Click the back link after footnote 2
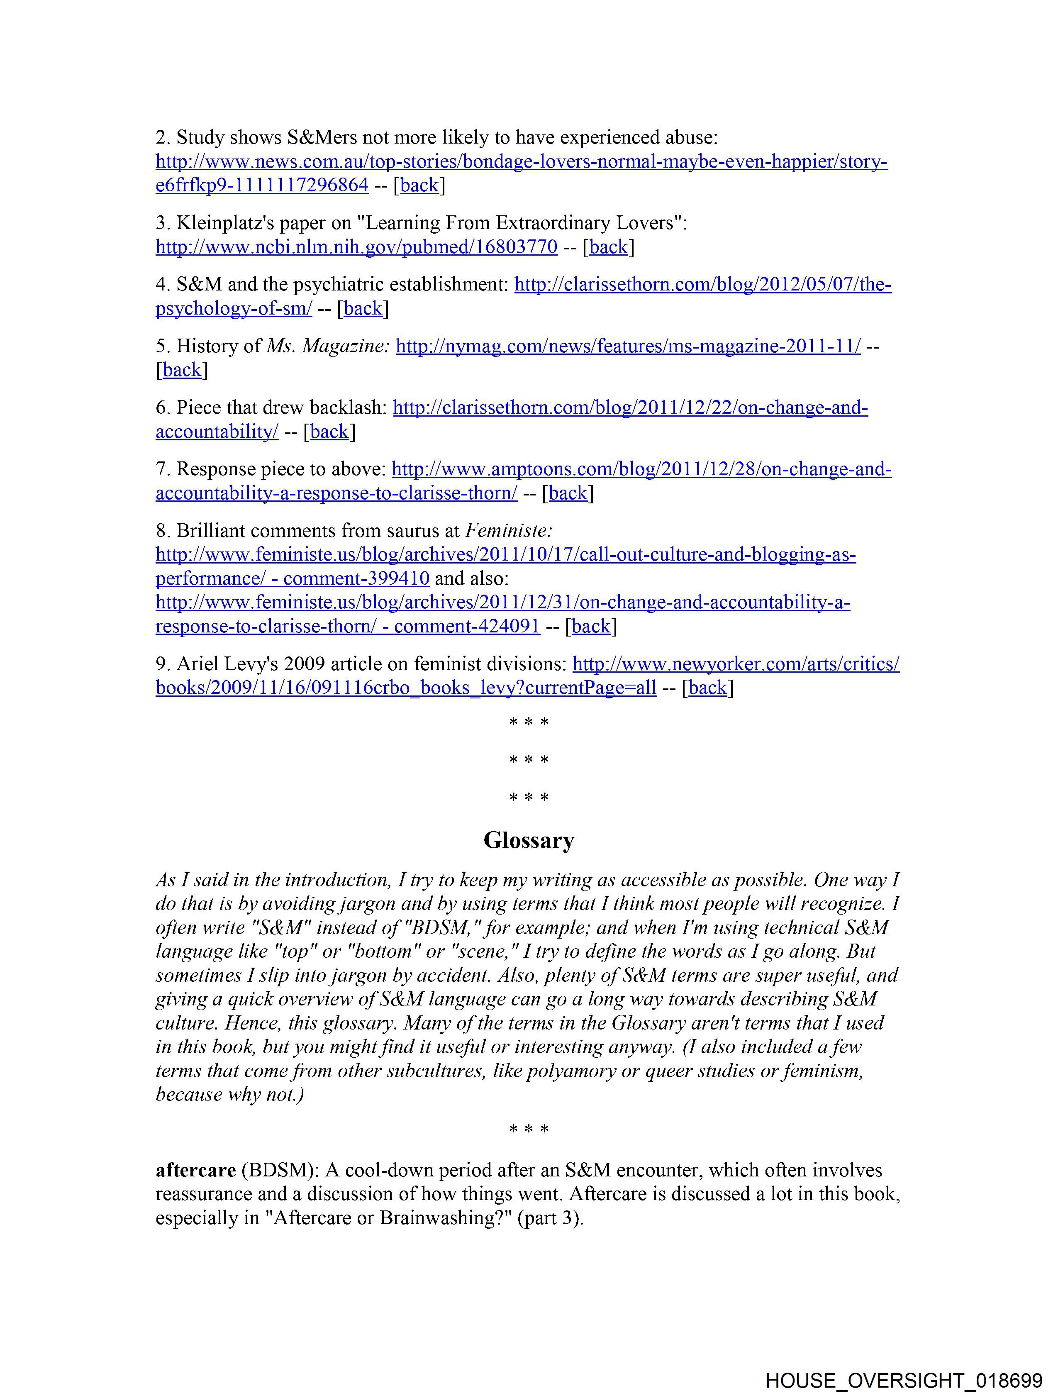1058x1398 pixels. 419,185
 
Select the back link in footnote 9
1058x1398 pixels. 707,687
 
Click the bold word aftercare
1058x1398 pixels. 195,1171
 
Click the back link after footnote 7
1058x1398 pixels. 568,493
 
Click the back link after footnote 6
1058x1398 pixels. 329,432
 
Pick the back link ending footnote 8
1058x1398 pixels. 591,626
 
